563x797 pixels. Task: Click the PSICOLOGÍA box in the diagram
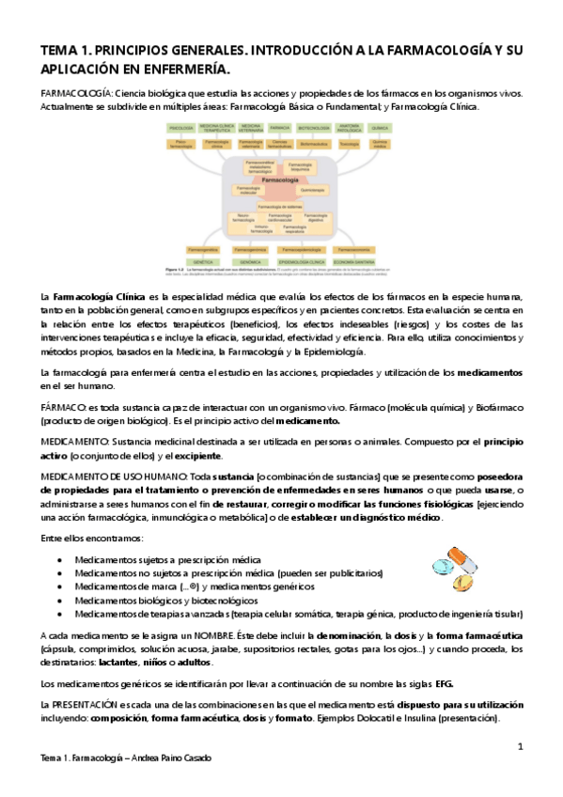pos(180,127)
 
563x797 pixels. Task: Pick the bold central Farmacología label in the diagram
pos(279,177)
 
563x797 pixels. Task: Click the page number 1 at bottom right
pos(520,746)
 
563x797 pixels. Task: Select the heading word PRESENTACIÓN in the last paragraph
pos(88,704)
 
